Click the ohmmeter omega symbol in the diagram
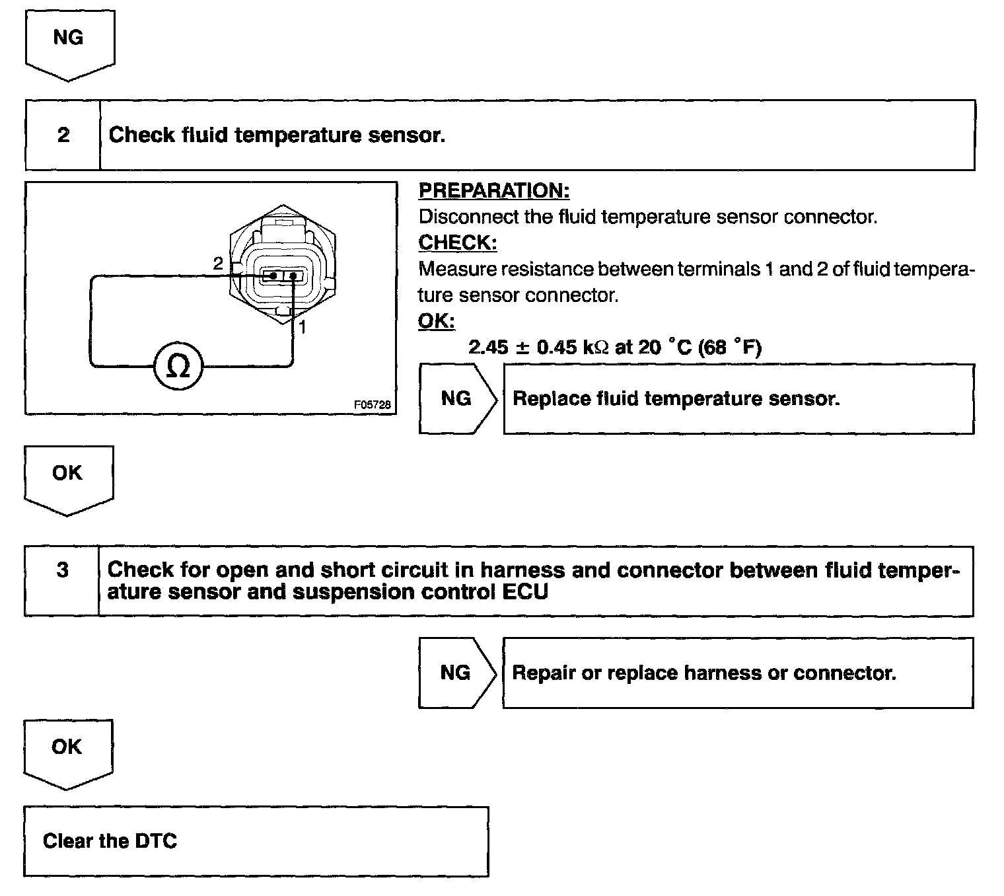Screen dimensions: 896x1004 tap(178, 365)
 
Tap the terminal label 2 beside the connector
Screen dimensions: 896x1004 tap(218, 263)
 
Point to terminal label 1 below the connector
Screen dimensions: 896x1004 tap(302, 326)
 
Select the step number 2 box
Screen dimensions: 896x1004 tap(63, 135)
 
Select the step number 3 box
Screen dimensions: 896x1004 tap(62, 570)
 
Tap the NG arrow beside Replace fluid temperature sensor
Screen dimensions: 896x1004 tap(456, 398)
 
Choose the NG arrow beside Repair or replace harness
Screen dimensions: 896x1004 tap(456, 673)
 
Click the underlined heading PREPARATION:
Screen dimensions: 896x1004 tap(494, 191)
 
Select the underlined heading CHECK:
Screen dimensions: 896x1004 tap(458, 243)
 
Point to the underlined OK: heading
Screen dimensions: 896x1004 tap(437, 321)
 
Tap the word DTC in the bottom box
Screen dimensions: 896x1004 tap(156, 841)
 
